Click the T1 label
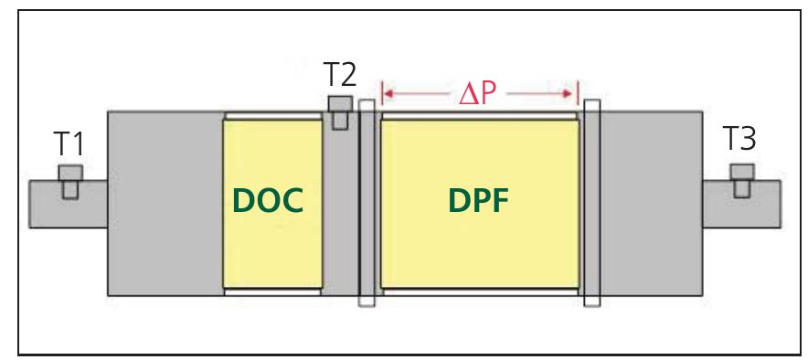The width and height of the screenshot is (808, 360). point(69,143)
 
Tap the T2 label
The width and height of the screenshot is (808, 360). point(340,73)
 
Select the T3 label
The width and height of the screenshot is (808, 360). point(739,139)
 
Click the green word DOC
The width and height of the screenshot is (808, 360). point(268,201)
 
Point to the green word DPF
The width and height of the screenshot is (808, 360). point(479,201)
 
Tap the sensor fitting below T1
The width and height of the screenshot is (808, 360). point(70,179)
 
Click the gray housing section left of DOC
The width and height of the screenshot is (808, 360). point(165,203)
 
